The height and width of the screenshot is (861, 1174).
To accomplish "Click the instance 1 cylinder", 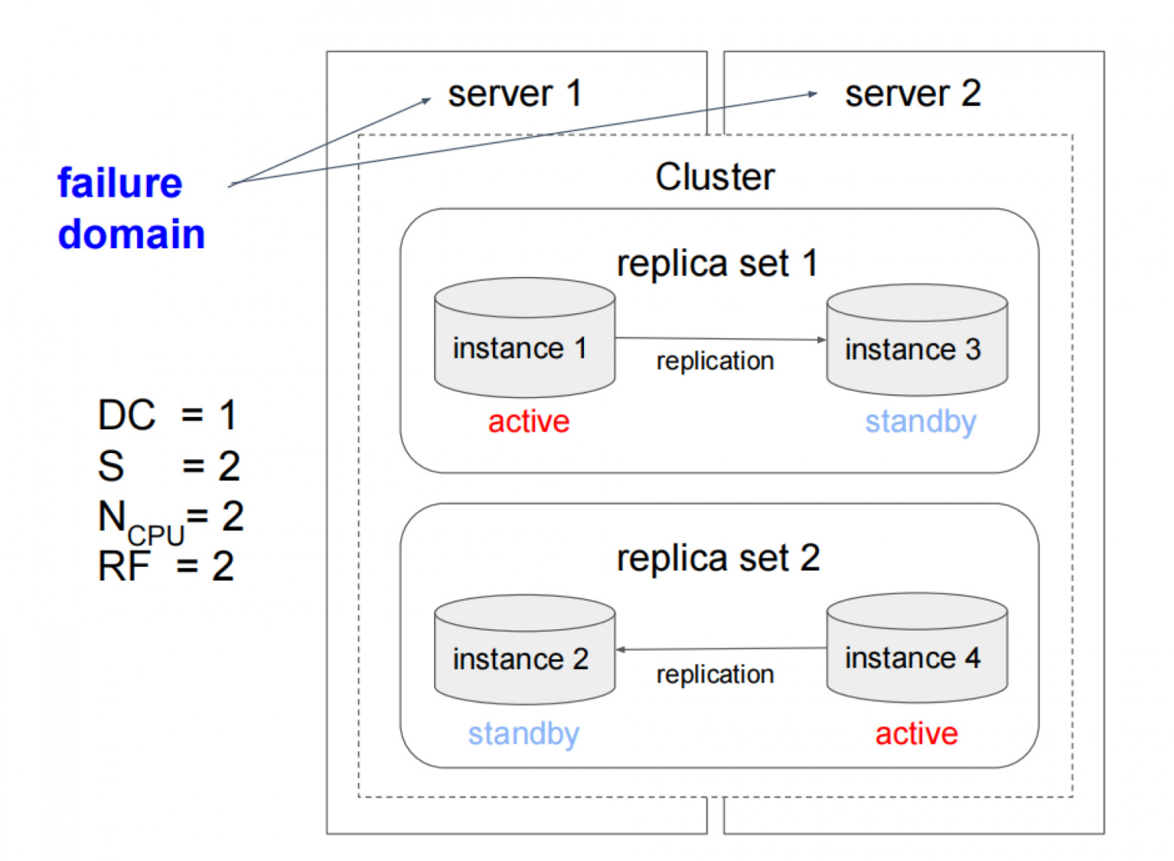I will pyautogui.click(x=525, y=339).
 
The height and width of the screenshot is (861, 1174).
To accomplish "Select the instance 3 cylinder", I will pyautogui.click(x=916, y=340).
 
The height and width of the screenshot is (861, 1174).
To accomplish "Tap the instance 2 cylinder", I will pyautogui.click(x=525, y=651).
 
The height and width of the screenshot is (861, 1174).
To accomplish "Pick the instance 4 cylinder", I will pyautogui.click(x=916, y=649).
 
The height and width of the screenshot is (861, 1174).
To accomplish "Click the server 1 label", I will pyautogui.click(x=515, y=94).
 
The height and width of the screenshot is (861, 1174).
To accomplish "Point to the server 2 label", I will pyautogui.click(x=912, y=94).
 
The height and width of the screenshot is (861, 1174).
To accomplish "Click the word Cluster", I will pyautogui.click(x=714, y=178).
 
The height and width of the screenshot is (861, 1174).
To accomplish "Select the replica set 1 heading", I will pyautogui.click(x=716, y=263).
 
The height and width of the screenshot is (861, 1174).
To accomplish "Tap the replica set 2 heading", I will pyautogui.click(x=717, y=558).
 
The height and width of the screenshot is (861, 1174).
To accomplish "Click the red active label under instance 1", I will pyautogui.click(x=528, y=421).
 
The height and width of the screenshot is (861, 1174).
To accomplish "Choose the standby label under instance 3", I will pyautogui.click(x=920, y=421).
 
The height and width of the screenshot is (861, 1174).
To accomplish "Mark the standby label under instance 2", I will pyautogui.click(x=523, y=734).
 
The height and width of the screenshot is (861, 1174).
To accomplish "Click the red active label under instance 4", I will pyautogui.click(x=916, y=734).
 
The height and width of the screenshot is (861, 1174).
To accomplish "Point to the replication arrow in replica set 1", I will pyautogui.click(x=720, y=339).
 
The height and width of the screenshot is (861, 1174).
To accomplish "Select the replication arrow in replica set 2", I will pyautogui.click(x=720, y=649).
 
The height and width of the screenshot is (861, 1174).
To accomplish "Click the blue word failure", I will pyautogui.click(x=120, y=184).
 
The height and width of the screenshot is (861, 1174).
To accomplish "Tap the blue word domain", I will pyautogui.click(x=131, y=234).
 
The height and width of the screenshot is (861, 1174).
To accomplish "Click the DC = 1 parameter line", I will pyautogui.click(x=167, y=415).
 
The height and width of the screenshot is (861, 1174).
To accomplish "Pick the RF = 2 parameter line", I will pyautogui.click(x=166, y=566).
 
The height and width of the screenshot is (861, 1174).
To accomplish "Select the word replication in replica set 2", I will pyautogui.click(x=714, y=674).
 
